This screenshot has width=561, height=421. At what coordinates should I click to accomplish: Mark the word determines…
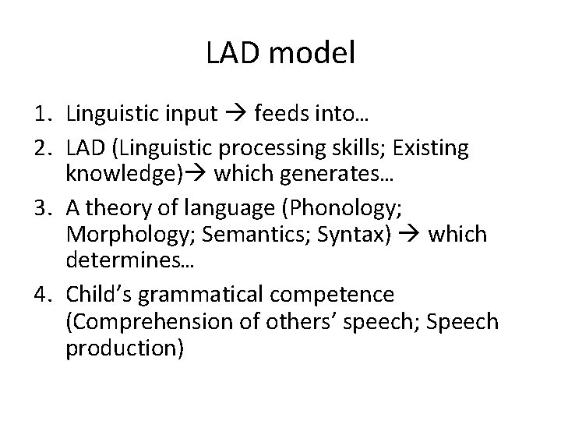(131, 263)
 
